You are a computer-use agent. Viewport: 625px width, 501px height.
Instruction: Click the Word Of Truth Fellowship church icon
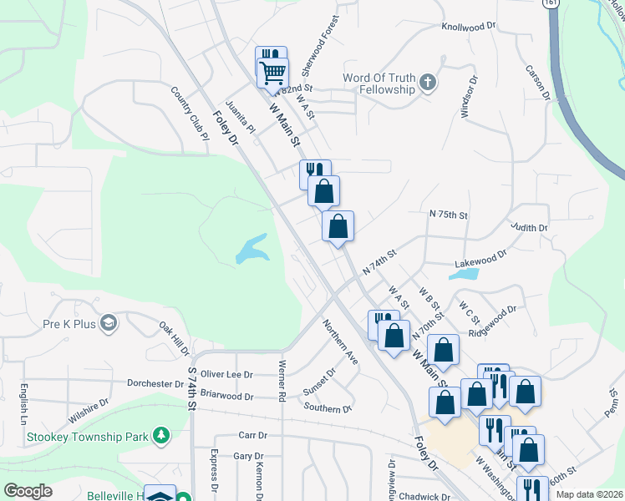coord(428,82)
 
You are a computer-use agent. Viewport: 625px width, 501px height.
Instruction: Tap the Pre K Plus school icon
coord(108,323)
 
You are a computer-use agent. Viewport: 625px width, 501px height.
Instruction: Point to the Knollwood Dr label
coord(469,27)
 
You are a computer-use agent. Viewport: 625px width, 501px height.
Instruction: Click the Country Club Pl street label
coord(188,109)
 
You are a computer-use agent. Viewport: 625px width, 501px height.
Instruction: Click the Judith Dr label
coord(529,227)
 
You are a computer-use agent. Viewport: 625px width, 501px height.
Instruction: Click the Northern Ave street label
coord(340,342)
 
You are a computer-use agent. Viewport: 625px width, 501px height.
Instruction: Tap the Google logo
coord(28,491)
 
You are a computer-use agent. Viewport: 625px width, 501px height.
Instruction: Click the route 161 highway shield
coord(549,4)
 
